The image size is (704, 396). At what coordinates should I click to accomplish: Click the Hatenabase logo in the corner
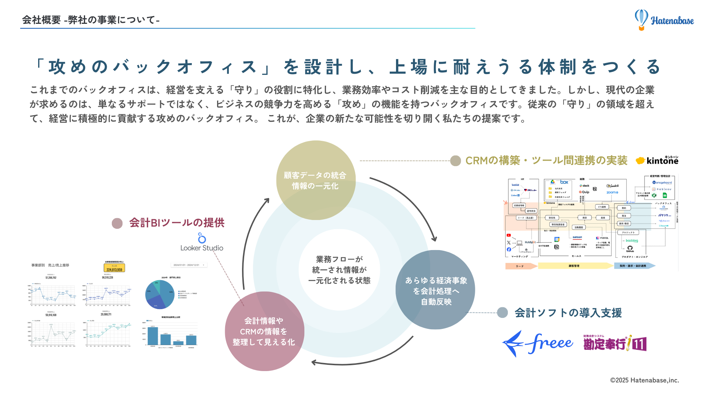[664, 20]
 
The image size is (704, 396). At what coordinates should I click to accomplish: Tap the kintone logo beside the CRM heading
[657, 160]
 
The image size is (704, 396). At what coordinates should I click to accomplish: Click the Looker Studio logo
[202, 242]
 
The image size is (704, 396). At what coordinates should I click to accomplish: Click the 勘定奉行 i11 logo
[615, 344]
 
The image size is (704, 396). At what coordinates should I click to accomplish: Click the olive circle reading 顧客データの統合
[315, 180]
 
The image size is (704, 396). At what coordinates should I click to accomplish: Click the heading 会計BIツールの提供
[177, 223]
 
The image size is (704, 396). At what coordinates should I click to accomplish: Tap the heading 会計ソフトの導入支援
[568, 313]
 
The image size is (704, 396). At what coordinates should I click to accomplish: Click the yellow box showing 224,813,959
[114, 268]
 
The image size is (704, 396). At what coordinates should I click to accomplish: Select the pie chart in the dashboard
[160, 294]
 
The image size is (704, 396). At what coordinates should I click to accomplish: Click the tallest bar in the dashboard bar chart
[153, 335]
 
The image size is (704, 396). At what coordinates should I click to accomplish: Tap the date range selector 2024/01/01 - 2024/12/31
[189, 265]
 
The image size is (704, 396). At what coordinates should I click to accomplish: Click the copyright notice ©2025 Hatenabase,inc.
[644, 380]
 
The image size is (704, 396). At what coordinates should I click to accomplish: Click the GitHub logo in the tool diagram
[630, 248]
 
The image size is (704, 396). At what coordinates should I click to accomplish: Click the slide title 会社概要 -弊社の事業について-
[91, 20]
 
